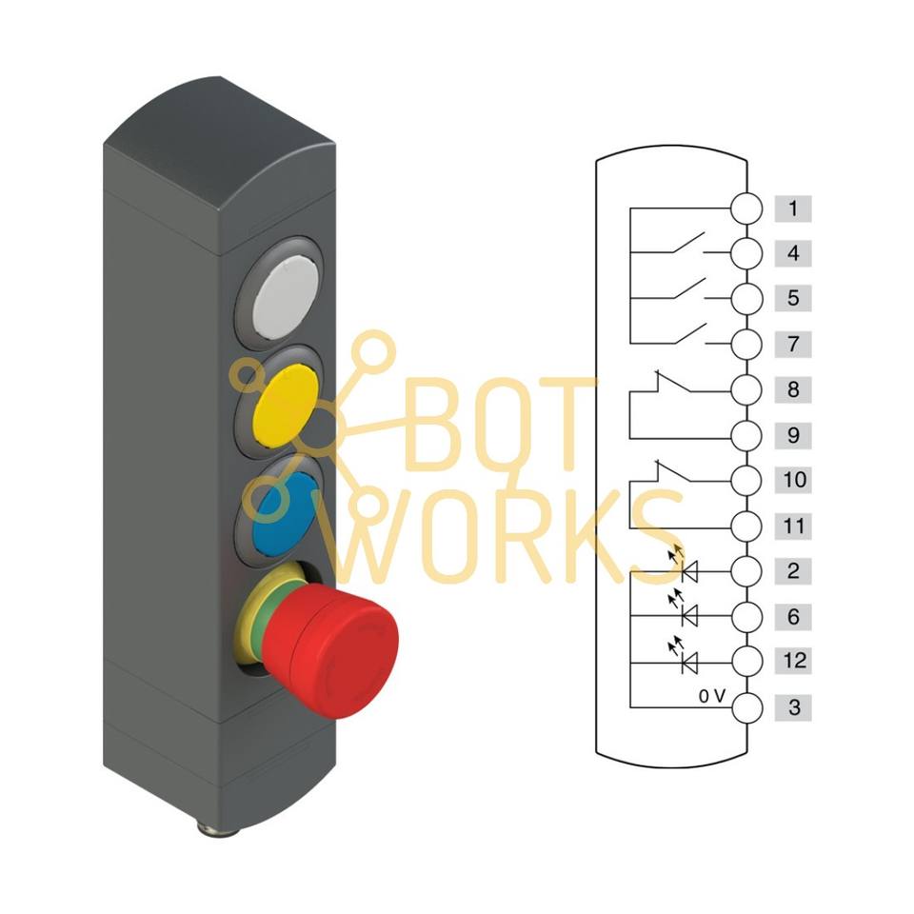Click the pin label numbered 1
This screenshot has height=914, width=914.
[x=793, y=209]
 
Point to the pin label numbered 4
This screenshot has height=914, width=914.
[x=793, y=254]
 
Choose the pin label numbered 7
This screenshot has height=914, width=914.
[x=793, y=344]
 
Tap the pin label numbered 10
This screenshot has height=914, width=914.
[x=793, y=480]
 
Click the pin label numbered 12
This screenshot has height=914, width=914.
[x=793, y=661]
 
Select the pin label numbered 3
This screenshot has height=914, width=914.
[x=793, y=707]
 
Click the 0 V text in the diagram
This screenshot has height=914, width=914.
[x=712, y=696]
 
